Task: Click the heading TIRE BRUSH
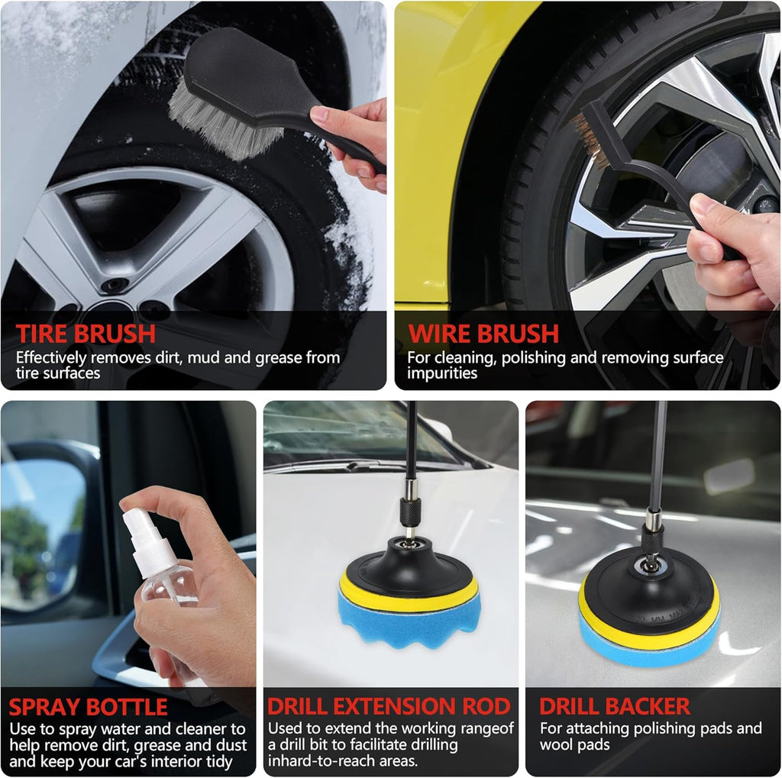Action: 86,334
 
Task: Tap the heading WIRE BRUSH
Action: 483,334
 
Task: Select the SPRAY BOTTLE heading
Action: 89,707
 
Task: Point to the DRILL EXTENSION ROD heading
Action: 389,706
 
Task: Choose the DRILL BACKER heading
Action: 615,706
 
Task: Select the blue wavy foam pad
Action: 409,618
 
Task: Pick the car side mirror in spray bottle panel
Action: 45,528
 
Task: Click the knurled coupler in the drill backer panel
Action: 652,537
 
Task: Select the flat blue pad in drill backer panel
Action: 648,648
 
